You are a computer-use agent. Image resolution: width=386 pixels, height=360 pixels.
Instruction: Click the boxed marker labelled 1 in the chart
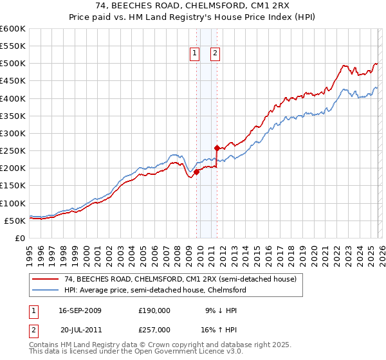pos(194,55)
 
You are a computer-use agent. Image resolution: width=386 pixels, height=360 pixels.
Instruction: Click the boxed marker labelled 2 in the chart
pos(215,55)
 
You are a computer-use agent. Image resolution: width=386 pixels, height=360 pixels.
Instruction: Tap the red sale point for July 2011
pos(217,148)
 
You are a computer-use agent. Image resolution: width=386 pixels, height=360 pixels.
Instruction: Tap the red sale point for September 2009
pos(196,172)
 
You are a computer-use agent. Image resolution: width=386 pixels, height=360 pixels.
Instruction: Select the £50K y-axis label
pos(15,221)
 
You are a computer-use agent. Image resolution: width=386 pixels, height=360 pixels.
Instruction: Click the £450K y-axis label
pos(13,81)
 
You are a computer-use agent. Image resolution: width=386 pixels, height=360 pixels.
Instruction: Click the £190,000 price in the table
pos(154,310)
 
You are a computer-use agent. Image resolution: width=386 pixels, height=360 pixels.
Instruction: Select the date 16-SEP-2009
pos(80,310)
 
